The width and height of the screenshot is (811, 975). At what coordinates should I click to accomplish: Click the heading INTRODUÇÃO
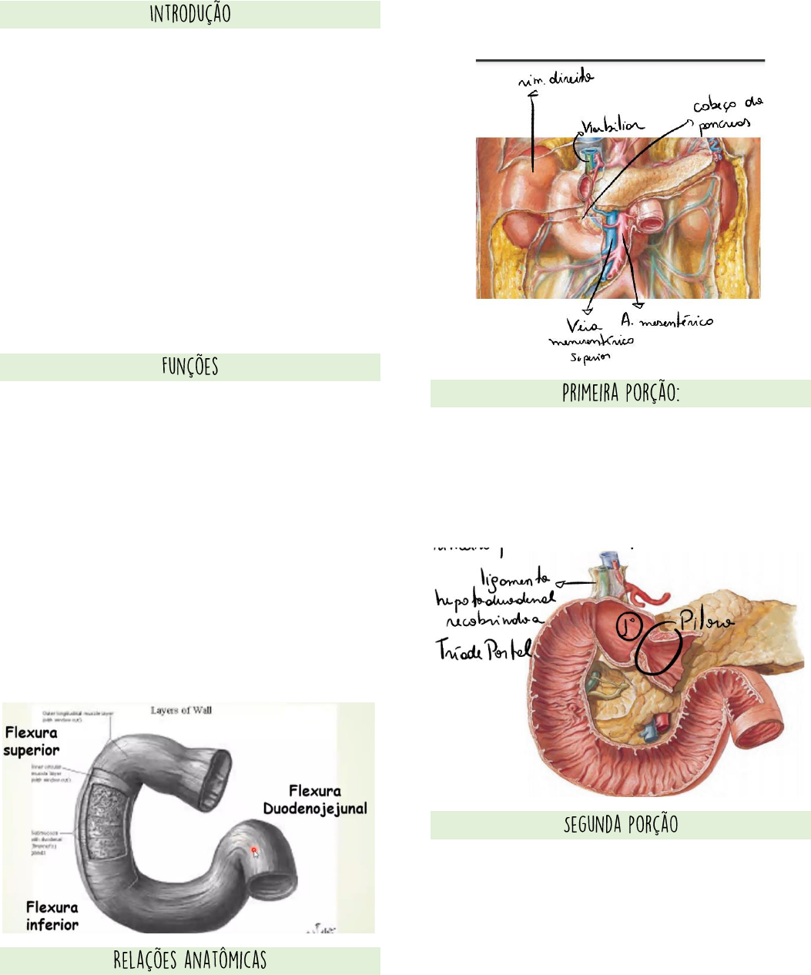click(190, 15)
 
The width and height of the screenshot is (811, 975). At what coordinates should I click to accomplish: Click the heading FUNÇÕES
click(190, 367)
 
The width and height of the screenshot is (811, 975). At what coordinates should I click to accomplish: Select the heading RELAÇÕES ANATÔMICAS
click(190, 960)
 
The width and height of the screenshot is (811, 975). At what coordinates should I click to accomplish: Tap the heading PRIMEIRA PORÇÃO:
click(621, 394)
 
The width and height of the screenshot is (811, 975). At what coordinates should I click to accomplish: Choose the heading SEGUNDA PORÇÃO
click(621, 825)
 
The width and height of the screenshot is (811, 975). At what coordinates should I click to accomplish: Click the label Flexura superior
click(32, 742)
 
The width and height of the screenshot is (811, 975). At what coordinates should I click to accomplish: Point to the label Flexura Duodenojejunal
click(315, 799)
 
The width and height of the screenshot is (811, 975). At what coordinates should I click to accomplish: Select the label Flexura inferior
click(52, 915)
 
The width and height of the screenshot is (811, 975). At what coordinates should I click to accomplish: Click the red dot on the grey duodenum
click(254, 850)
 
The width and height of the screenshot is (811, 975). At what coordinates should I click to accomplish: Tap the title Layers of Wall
click(181, 710)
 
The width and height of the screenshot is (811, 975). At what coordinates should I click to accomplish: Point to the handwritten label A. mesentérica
click(667, 321)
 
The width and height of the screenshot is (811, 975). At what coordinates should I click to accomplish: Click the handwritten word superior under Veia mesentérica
click(590, 357)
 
